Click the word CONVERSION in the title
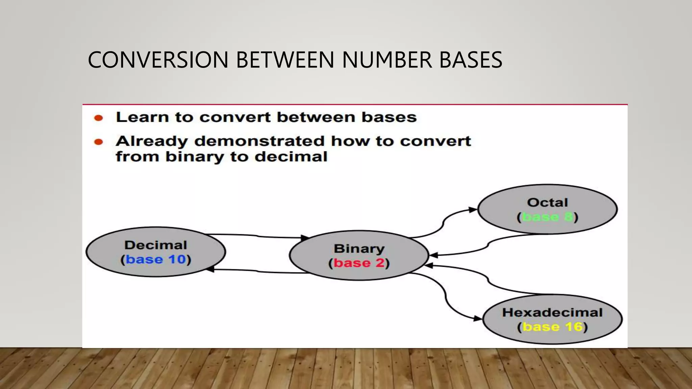click(x=158, y=60)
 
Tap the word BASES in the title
click(x=471, y=60)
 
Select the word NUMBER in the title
click(x=387, y=60)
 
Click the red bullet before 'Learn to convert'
click(x=98, y=118)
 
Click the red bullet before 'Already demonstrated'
click(x=98, y=142)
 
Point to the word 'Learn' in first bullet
click(x=142, y=118)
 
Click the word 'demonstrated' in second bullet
click(x=259, y=141)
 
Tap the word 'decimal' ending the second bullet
click(x=291, y=157)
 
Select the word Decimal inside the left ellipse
click(x=155, y=245)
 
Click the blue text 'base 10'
click(x=156, y=259)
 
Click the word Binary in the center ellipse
click(x=359, y=249)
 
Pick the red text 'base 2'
click(x=359, y=263)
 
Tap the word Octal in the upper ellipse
click(x=547, y=203)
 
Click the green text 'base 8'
click(x=547, y=217)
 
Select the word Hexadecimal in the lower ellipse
click(x=552, y=312)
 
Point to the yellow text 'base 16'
click(x=552, y=327)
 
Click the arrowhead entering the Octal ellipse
click(x=473, y=210)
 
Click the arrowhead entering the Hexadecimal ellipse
click(x=477, y=318)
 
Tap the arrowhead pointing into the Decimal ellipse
click(x=210, y=269)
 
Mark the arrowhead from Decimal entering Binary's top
click(x=305, y=238)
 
